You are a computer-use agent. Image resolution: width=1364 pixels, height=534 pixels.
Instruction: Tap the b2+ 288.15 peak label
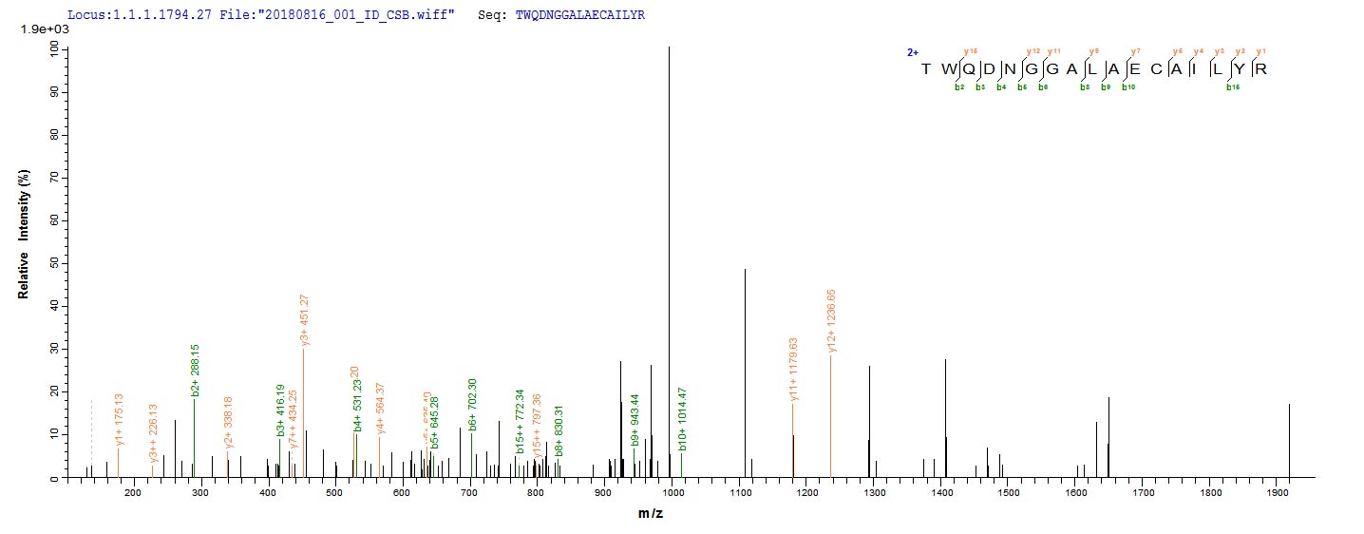coord(194,364)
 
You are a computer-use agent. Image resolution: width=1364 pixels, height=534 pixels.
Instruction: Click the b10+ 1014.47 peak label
coord(682,420)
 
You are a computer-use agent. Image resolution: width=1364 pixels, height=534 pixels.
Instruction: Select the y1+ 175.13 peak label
coord(120,420)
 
